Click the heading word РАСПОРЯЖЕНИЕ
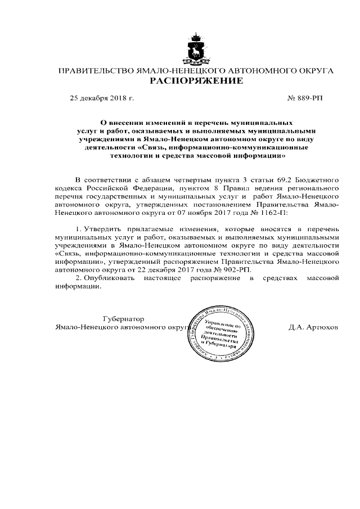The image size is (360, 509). (196, 81)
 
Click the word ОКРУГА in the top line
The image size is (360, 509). (316, 71)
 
